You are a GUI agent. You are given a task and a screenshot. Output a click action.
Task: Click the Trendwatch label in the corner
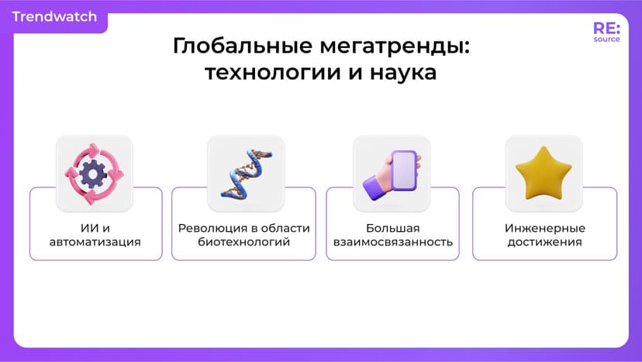click(x=54, y=17)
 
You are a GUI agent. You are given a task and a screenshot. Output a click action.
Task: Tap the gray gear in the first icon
click(x=94, y=174)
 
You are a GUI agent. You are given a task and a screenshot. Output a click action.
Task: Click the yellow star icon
click(x=544, y=173)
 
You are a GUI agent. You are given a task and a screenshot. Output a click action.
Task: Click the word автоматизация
click(x=95, y=242)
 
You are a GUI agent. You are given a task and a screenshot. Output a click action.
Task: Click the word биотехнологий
click(x=243, y=242)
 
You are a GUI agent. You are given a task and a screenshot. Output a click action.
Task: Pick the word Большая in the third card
click(x=392, y=228)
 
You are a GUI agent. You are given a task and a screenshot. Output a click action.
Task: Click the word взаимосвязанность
click(x=392, y=242)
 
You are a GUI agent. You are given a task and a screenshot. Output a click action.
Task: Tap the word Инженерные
click(x=544, y=228)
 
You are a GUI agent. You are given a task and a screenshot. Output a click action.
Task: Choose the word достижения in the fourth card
click(x=544, y=242)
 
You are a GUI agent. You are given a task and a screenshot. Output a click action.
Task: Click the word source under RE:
click(x=606, y=39)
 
